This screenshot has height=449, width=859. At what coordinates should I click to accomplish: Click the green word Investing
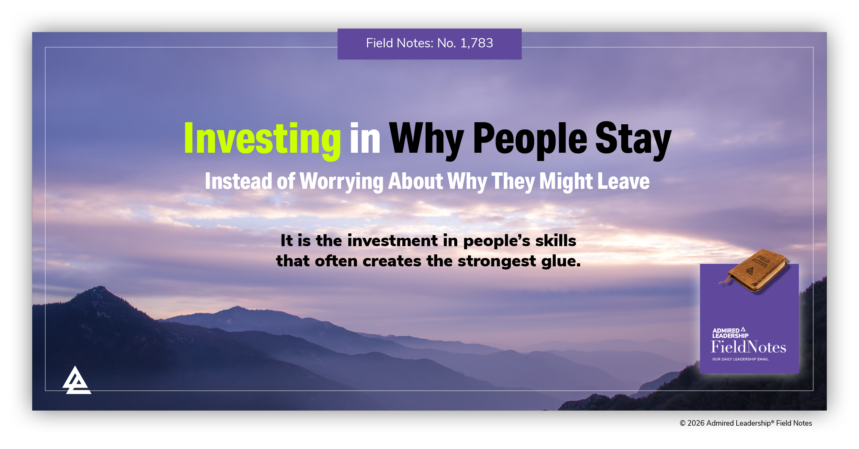263,139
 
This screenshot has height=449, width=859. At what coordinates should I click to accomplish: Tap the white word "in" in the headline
365,138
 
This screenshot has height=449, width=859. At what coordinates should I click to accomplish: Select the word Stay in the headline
633,139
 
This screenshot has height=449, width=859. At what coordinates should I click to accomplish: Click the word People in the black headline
530,139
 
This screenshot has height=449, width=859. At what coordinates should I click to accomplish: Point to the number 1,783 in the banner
477,43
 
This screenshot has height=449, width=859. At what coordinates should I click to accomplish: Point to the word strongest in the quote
497,262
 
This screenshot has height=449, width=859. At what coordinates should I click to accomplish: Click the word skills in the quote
555,241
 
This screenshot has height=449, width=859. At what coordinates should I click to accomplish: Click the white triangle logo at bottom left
77,381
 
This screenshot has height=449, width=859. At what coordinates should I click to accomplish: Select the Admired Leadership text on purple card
730,333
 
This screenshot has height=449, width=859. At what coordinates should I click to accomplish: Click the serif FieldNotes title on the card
748,347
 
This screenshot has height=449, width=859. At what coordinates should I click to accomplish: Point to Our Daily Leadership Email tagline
740,359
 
